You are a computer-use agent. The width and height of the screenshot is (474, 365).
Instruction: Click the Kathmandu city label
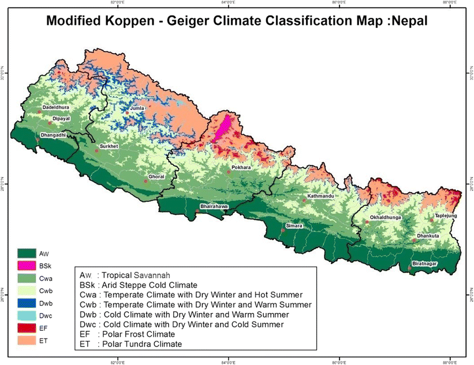321,196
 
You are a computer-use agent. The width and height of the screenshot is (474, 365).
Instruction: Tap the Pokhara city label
241,167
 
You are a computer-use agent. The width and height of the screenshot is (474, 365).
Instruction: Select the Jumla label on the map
136,108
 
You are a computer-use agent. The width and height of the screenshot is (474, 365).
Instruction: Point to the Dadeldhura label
55,107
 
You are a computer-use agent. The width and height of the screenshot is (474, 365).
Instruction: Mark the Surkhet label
109,146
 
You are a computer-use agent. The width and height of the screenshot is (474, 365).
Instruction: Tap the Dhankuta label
428,236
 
